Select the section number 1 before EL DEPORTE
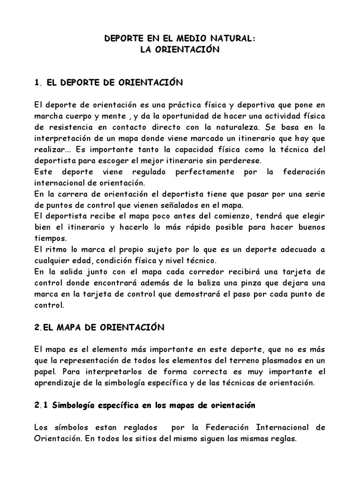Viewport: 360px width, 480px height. pyautogui.click(x=37, y=83)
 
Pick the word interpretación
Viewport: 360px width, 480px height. pyautogui.click(x=60, y=138)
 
